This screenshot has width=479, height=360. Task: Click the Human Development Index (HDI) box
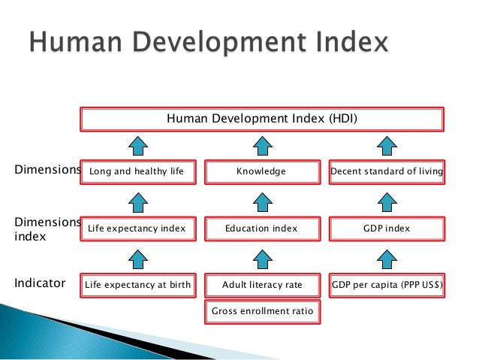pos(262,119)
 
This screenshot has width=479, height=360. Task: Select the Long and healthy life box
pos(138,172)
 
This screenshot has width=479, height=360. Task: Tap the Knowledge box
pos(263,172)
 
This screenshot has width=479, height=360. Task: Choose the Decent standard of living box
pos(387,172)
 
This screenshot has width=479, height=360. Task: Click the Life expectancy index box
pos(138,228)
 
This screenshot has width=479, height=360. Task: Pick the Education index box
pos(263,228)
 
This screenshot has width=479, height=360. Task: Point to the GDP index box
pos(387,228)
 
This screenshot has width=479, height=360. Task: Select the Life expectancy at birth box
pos(138,286)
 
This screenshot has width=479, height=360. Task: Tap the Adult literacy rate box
pos(263,286)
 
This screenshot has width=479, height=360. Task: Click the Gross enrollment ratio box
pos(263,312)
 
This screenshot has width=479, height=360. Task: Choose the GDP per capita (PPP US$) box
pos(387,286)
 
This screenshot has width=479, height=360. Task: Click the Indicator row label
pos(40,283)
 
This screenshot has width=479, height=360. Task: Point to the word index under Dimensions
pos(30,237)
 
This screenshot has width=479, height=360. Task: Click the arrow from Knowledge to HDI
pos(263,146)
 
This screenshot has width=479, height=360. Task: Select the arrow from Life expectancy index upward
pos(138,202)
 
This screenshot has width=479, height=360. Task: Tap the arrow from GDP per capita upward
pos(387,259)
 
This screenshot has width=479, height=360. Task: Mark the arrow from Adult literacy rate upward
pos(263,259)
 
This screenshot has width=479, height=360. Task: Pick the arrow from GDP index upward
pos(387,202)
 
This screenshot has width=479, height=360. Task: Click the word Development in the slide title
pos(219,43)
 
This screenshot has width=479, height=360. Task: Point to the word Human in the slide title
pos(76,42)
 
